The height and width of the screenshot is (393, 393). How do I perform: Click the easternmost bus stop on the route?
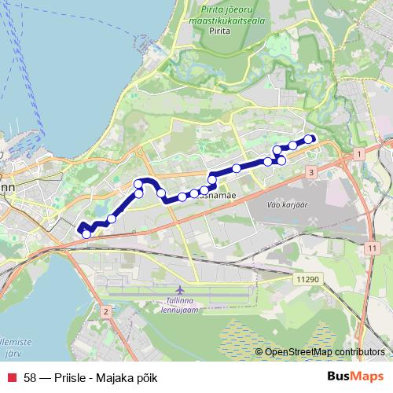[x=309, y=139]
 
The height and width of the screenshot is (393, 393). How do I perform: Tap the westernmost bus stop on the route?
[x=86, y=233]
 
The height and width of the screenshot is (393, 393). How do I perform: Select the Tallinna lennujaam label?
[x=182, y=304]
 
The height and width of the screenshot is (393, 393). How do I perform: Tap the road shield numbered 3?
[x=312, y=172]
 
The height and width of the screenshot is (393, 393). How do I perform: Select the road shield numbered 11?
[x=370, y=248]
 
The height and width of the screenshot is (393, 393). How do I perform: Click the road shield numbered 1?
[x=359, y=155]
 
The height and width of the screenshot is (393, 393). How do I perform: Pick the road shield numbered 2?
[x=105, y=312]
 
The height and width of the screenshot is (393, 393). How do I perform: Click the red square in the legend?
[x=11, y=378]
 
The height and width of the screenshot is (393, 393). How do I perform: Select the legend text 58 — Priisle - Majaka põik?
[x=90, y=378]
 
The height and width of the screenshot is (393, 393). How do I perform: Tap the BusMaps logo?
[x=354, y=377]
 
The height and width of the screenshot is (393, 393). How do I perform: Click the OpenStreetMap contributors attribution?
[x=325, y=351]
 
